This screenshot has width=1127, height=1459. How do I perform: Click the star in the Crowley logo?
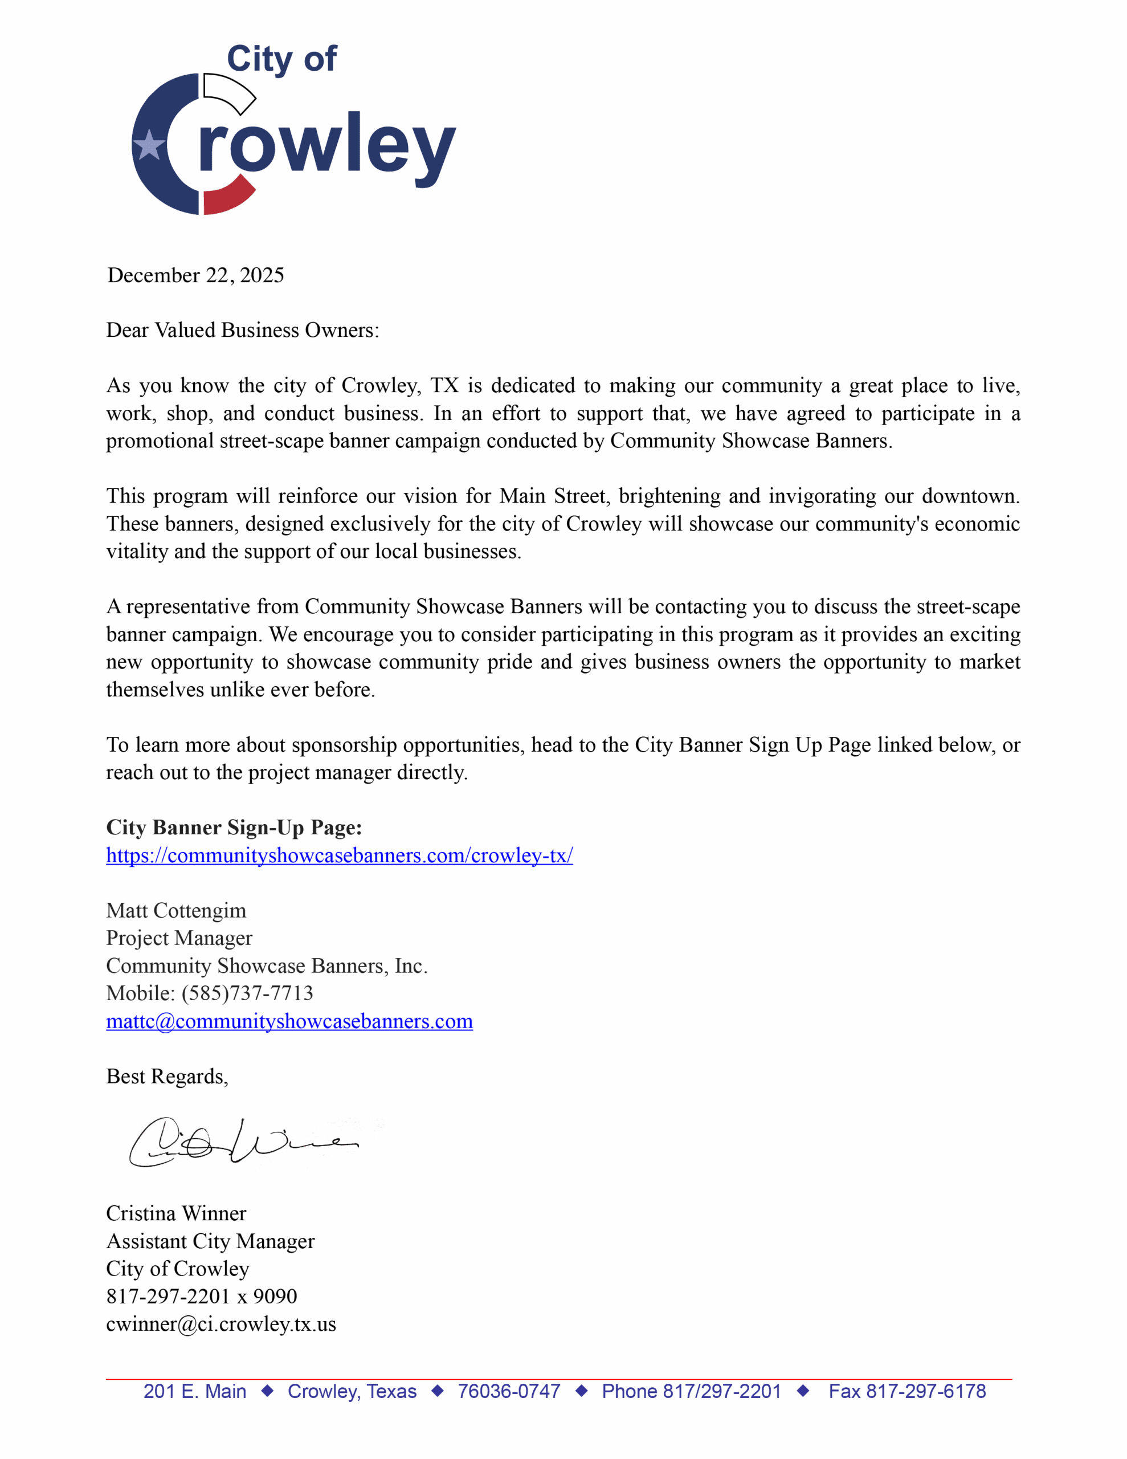coord(149,145)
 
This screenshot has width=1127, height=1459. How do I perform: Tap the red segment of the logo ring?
coord(227,197)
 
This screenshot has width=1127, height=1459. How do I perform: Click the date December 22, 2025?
coord(196,275)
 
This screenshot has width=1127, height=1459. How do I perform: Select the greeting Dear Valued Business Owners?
coord(243,330)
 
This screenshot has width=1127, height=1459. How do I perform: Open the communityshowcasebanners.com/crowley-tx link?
coord(340,856)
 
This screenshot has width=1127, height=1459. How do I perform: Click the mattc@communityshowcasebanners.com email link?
coord(289,1021)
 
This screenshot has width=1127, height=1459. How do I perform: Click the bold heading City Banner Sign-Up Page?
coord(234,828)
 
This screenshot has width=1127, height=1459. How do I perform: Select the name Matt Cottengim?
coord(175,911)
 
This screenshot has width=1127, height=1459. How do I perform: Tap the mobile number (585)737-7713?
coord(247,993)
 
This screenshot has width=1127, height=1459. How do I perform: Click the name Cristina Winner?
coord(175,1213)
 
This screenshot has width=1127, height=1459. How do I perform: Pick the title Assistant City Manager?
coord(210,1241)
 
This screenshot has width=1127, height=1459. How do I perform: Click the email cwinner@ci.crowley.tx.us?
coord(220,1324)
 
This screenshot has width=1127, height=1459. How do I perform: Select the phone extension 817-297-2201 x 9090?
coord(201,1296)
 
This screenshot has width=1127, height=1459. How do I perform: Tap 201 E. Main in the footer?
coord(194,1392)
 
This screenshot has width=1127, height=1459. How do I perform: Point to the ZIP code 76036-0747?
coord(508,1392)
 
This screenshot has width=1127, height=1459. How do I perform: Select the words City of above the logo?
coord(281,59)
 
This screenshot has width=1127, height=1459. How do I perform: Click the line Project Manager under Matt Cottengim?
coord(179,938)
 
